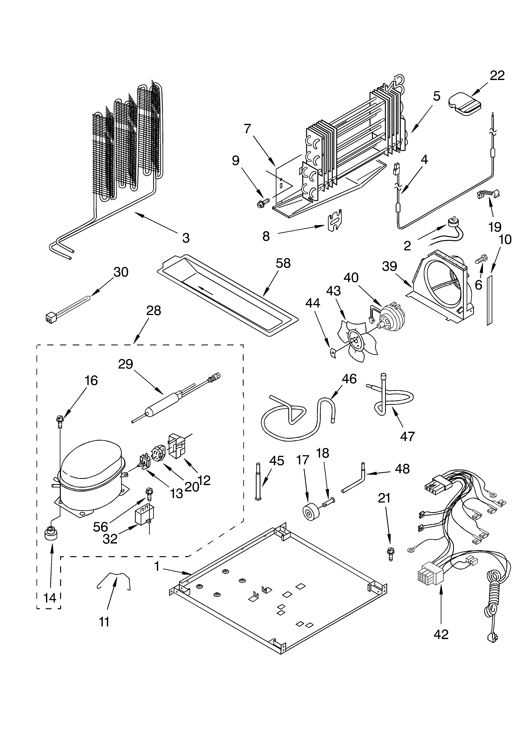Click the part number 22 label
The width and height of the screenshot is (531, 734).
pos(497,76)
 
